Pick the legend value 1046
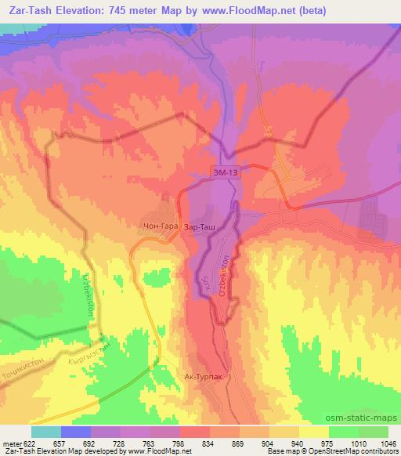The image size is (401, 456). [388, 443]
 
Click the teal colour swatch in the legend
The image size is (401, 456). [45, 432]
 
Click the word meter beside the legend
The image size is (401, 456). [10, 443]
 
